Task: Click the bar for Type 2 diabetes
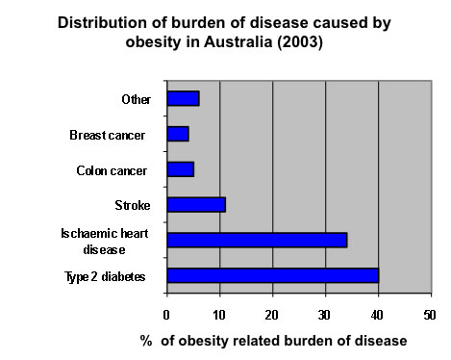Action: [273, 275]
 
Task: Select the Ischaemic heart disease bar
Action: [257, 240]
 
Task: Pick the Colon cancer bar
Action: [181, 169]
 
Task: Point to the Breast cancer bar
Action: [178, 134]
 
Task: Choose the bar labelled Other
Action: [183, 98]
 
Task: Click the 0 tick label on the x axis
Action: [167, 314]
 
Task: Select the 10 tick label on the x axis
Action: [220, 314]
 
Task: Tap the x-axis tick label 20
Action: [273, 314]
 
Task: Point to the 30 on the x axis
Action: [326, 314]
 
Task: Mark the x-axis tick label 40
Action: [379, 314]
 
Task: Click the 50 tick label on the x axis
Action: [431, 314]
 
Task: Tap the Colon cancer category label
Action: [111, 170]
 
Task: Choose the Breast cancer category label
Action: [108, 135]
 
